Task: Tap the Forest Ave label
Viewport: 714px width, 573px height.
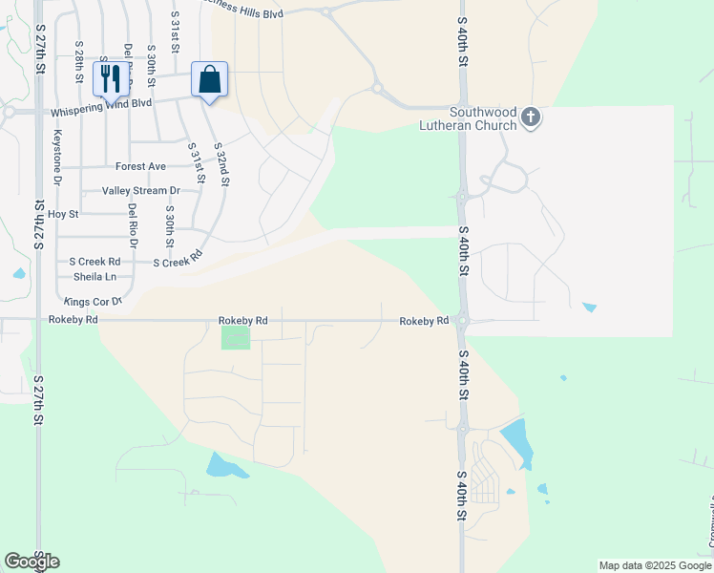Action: [x=140, y=166]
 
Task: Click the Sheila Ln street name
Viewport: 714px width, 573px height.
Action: [x=94, y=277]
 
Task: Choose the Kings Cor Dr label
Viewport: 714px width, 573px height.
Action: [x=94, y=302]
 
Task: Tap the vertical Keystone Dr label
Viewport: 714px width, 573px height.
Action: [x=57, y=158]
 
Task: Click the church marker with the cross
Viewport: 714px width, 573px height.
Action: [x=531, y=117]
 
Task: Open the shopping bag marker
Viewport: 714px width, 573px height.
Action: [x=209, y=78]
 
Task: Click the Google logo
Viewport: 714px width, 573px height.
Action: [x=31, y=562]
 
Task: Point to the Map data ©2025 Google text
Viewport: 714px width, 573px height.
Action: [x=655, y=565]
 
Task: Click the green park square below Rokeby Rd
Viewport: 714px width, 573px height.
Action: [x=235, y=337]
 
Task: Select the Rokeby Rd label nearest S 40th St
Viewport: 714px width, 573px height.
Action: [x=424, y=321]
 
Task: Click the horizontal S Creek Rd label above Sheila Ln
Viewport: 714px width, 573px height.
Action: [x=94, y=261]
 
